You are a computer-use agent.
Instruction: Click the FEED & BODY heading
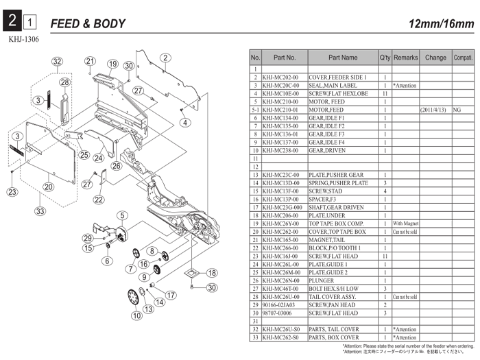tap(88, 24)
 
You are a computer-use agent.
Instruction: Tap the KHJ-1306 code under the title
tap(24, 40)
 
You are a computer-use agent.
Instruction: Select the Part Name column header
tap(342, 58)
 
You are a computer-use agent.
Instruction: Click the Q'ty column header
tap(385, 58)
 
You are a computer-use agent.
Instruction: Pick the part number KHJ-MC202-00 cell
tap(284, 77)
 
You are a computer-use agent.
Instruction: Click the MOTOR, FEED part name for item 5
tap(327, 101)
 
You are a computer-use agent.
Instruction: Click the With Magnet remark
tap(406, 224)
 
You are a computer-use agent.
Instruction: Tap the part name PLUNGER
tap(322, 280)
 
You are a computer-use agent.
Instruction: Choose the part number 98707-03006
tap(281, 313)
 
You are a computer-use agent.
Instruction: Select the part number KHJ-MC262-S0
tap(284, 337)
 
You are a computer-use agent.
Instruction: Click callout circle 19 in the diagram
tap(112, 64)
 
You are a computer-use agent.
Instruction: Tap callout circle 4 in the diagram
tap(184, 123)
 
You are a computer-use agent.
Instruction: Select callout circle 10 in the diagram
tap(137, 315)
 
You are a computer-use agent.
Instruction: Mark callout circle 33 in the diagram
tap(40, 211)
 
